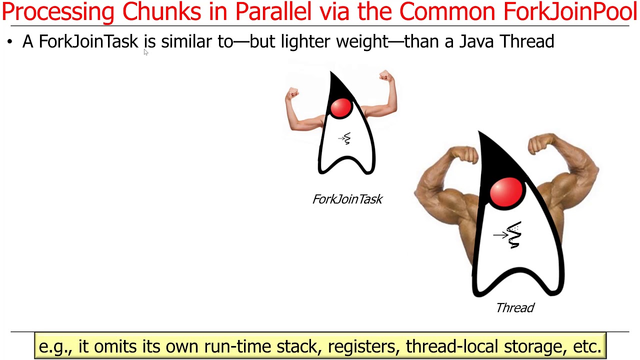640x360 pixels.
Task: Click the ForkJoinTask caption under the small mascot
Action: (x=347, y=199)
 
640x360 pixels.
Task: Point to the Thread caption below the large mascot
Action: (x=515, y=308)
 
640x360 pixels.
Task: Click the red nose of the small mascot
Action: (x=341, y=108)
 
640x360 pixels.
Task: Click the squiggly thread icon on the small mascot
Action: (x=345, y=138)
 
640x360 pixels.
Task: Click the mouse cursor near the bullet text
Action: (x=145, y=52)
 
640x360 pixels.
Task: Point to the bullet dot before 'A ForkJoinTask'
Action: (x=9, y=42)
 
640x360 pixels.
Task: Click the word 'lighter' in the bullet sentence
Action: (x=306, y=41)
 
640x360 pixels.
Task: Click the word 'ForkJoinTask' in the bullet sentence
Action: (x=88, y=41)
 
